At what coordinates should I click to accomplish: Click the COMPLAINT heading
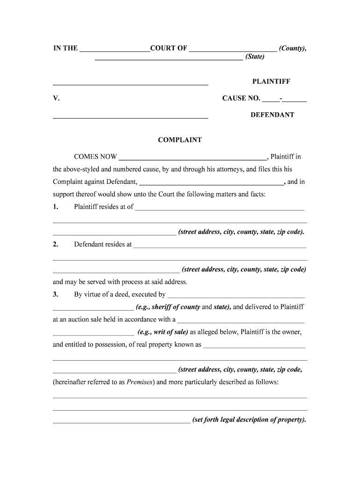point(180,140)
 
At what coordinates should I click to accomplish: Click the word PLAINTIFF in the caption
point(271,81)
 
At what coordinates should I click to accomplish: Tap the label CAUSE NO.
point(241,98)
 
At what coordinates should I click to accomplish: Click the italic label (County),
point(293,48)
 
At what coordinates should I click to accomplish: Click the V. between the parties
point(56,98)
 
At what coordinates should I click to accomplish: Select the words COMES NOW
point(95,157)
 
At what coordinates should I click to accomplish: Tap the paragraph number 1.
point(55,207)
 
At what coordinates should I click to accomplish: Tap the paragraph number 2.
point(55,244)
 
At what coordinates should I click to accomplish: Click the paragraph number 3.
point(55,294)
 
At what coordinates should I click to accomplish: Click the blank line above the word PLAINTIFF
point(130,84)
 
